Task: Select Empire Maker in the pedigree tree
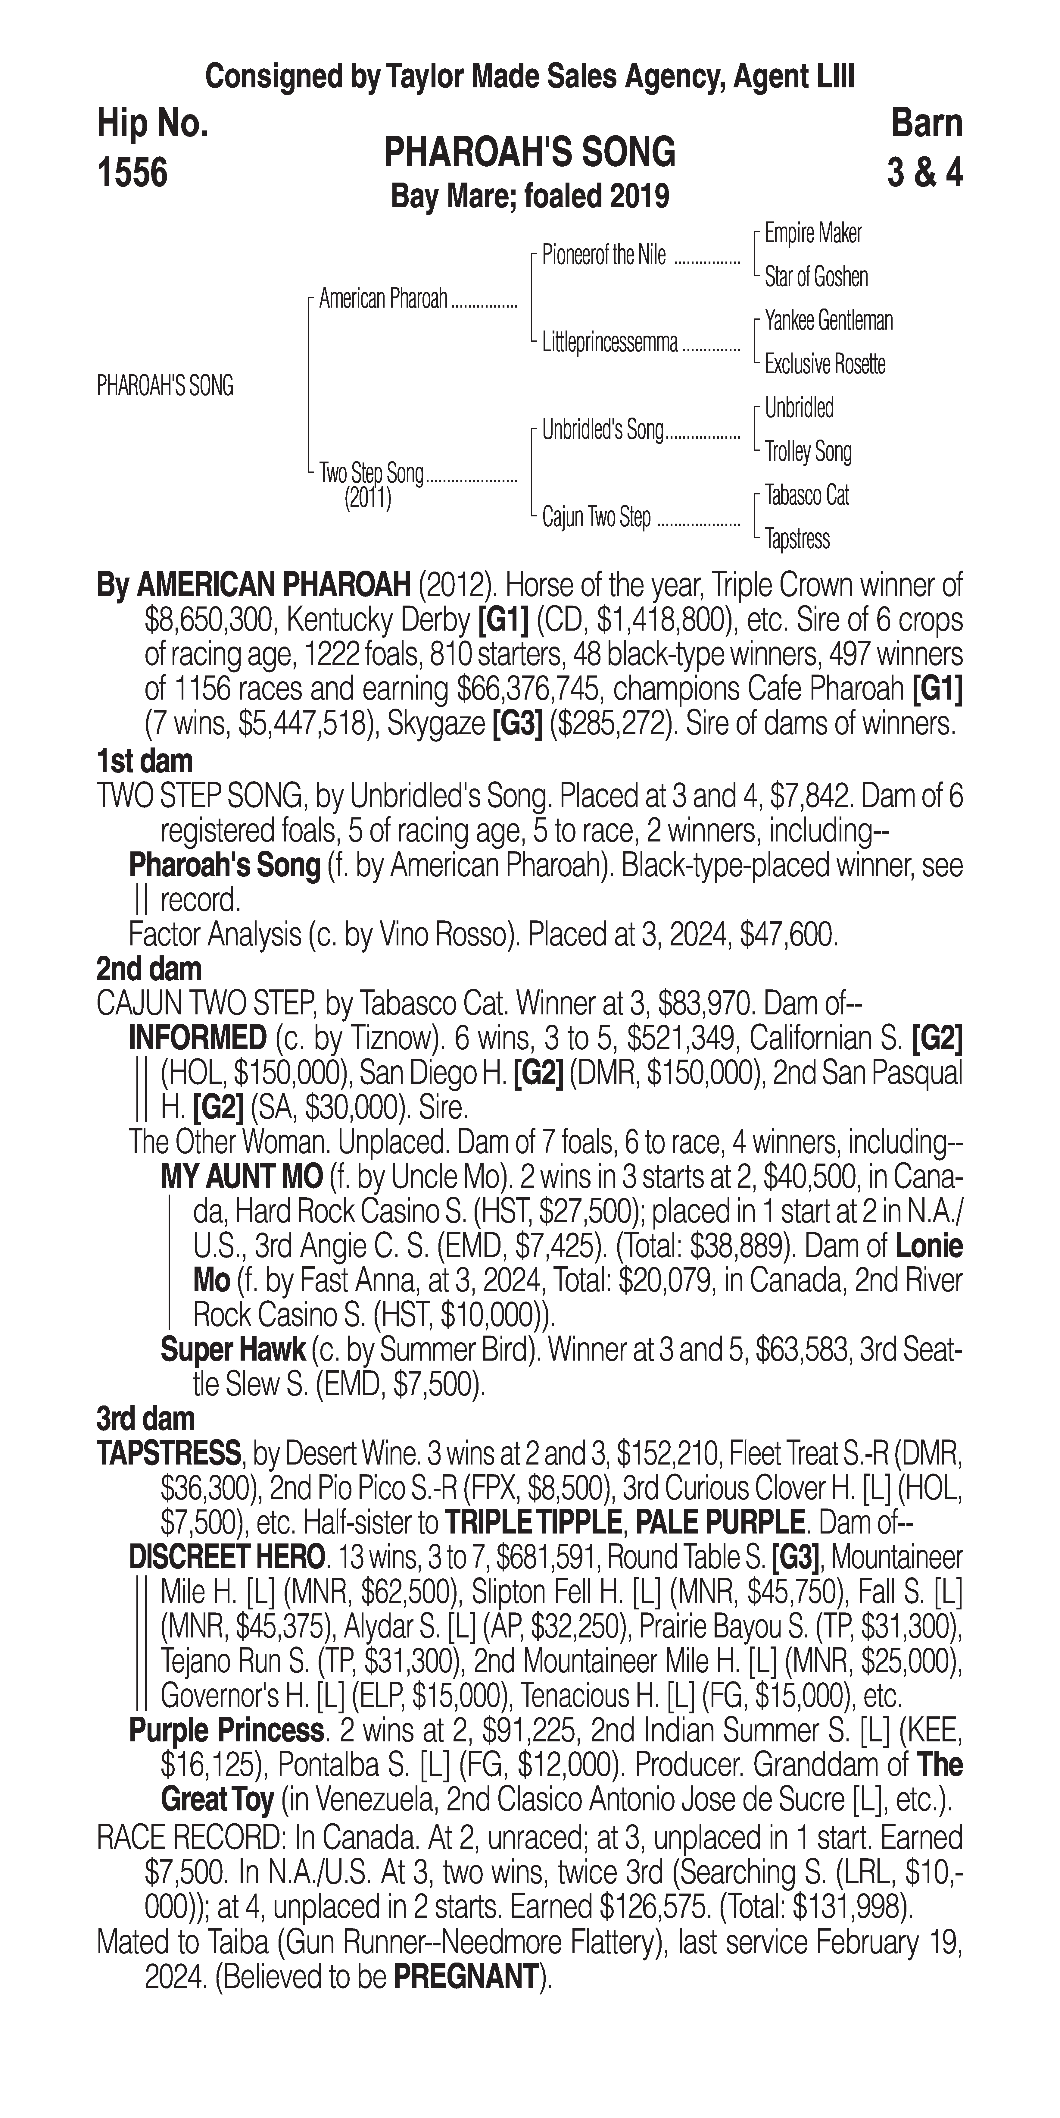813,233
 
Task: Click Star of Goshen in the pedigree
816,277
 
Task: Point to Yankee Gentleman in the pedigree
828,321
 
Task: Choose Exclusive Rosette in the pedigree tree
825,364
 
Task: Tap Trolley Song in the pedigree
808,451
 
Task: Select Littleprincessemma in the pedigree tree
610,343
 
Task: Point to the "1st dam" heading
145,760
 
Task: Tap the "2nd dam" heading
148,970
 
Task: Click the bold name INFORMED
197,1039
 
